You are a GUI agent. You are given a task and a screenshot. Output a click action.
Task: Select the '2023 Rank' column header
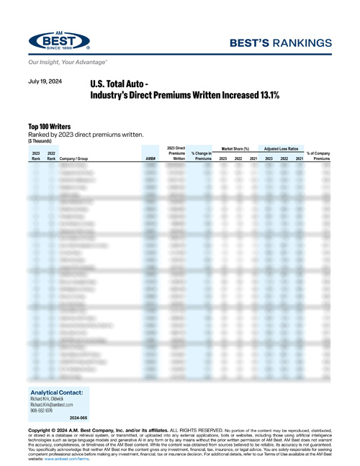coord(35,156)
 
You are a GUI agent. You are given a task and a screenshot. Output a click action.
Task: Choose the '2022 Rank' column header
coord(51,156)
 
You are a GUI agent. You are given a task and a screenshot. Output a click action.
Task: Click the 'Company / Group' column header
coord(79,158)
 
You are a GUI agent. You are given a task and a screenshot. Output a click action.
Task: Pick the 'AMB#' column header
coord(150,158)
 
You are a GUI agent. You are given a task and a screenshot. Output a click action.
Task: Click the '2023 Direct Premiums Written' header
coord(176,153)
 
